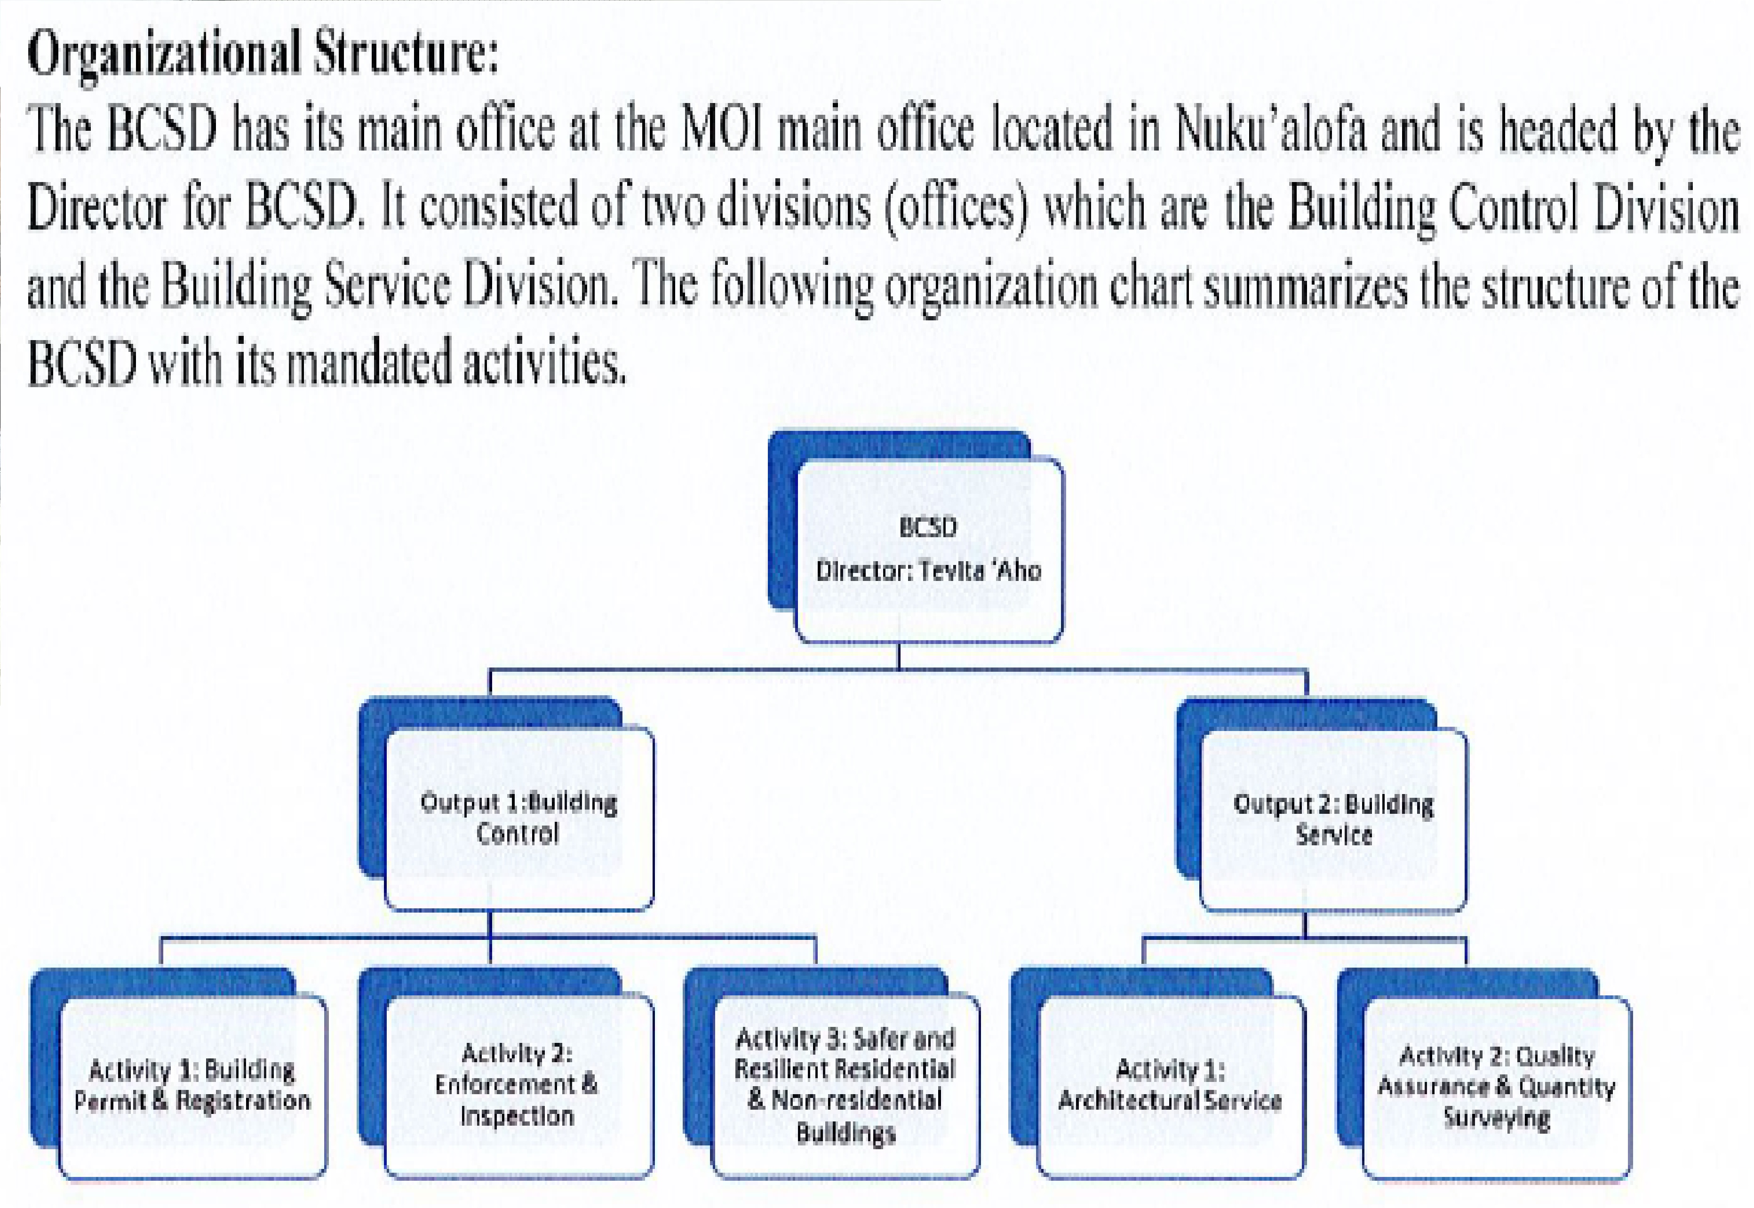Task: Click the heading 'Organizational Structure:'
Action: tap(263, 55)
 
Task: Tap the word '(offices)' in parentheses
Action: tap(957, 208)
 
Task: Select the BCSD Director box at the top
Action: tap(929, 550)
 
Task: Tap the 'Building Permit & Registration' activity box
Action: tap(193, 1088)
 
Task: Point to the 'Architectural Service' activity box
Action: tap(1171, 1088)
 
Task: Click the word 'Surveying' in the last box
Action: tap(1497, 1119)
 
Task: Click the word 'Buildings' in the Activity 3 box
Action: tap(845, 1134)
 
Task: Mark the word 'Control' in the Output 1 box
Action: tap(518, 834)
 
